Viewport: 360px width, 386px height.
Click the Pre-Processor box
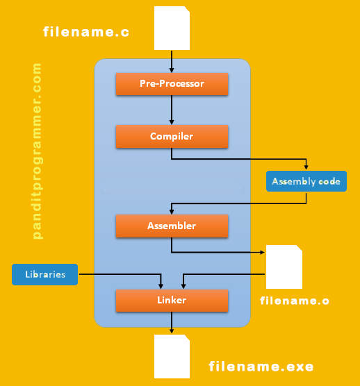coord(172,84)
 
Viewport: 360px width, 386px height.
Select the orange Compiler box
coord(172,137)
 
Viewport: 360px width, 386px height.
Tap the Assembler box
coord(172,226)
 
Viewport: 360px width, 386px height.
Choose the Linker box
coord(172,301)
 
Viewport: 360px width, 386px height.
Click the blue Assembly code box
coord(306,181)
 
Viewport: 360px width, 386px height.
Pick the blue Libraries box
coord(44,274)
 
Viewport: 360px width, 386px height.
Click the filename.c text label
coord(86,32)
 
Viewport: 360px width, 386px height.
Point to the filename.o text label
coord(295,301)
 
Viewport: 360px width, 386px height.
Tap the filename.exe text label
coord(261,366)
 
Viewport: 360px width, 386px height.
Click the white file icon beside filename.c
coord(172,28)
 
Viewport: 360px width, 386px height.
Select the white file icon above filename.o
coord(284,267)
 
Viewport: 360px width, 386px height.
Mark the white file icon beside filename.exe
coord(172,356)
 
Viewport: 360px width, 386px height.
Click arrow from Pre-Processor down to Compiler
coord(172,110)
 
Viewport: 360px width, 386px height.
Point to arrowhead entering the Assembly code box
coord(306,167)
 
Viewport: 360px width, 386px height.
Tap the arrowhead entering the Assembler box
coord(172,211)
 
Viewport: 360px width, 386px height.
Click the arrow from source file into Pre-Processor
coord(172,61)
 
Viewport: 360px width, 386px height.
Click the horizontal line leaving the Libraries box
coord(118,274)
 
